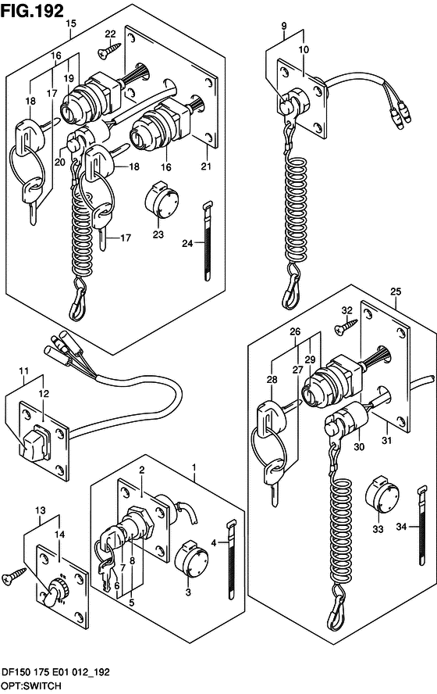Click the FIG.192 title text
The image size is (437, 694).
32,11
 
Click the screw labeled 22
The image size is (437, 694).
109,49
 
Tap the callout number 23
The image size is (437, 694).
158,234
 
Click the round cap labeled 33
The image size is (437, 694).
382,495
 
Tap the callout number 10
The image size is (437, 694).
304,49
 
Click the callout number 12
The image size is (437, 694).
43,393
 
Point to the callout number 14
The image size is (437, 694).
59,535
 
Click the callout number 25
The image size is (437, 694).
396,292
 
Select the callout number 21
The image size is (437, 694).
206,166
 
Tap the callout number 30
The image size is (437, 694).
359,447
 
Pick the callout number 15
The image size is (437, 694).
71,23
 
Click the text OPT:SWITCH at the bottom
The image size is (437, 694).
31,686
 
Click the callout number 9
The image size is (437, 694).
284,26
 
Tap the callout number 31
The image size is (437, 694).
387,440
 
